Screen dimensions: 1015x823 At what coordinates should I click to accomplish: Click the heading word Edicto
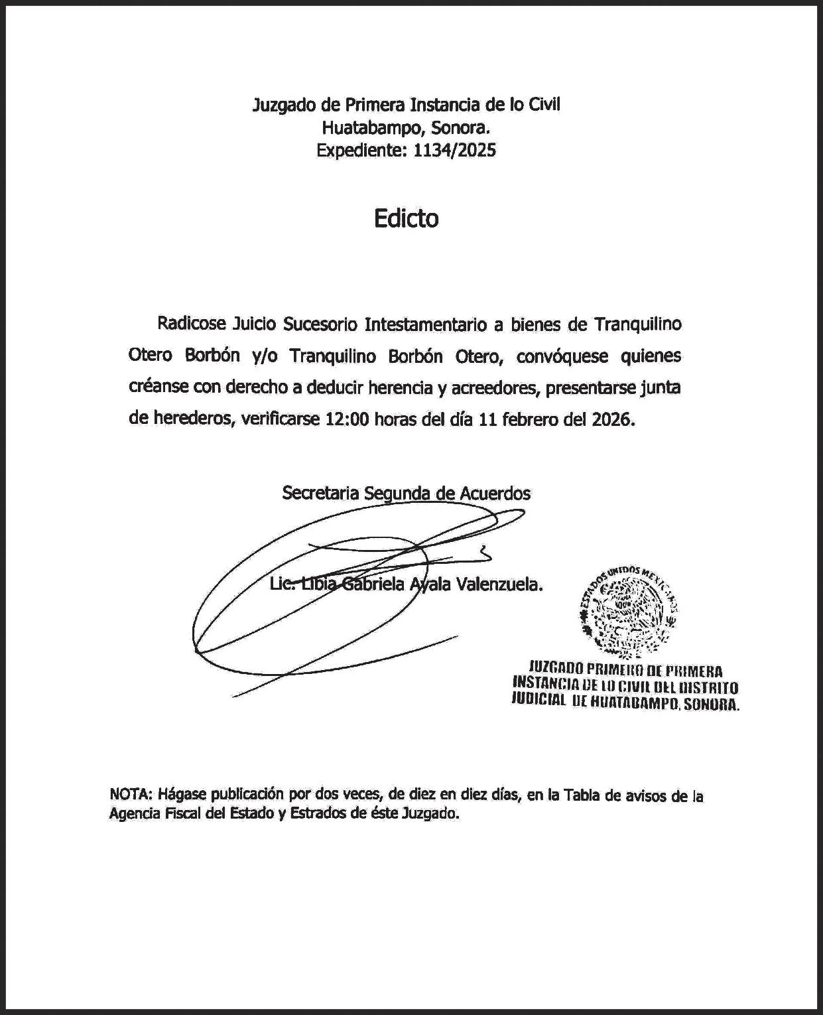click(406, 218)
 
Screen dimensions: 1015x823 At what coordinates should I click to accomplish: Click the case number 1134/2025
click(454, 151)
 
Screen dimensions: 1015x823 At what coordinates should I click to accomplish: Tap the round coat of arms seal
click(628, 610)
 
